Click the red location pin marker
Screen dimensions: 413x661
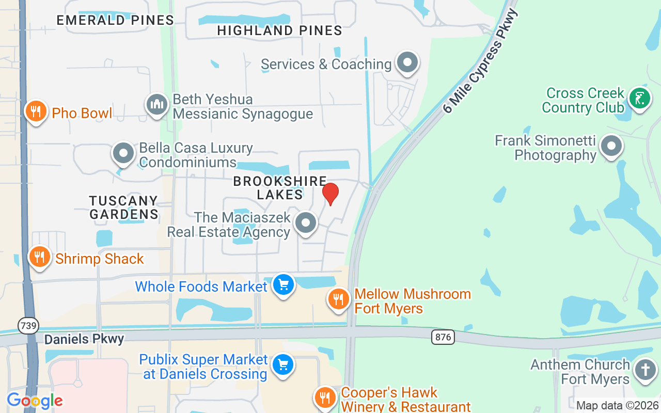330,193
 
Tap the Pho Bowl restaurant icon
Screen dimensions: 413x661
36,111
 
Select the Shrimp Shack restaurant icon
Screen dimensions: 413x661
39,257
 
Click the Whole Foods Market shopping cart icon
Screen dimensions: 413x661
282,284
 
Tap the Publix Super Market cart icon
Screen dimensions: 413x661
282,365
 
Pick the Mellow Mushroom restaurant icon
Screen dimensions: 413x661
338,299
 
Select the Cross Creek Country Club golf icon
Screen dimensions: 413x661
639,98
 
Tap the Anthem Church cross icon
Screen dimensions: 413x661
645,370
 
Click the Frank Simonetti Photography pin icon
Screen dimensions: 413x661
612,146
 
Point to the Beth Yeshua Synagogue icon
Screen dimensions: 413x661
156,105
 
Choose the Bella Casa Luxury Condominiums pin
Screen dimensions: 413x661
123,153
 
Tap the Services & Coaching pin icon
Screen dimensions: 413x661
407,63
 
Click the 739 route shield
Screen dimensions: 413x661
27,325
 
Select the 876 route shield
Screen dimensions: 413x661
443,337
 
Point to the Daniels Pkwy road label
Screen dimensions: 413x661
84,339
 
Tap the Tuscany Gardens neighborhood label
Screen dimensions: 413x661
123,207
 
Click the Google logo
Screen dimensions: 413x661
35,400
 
